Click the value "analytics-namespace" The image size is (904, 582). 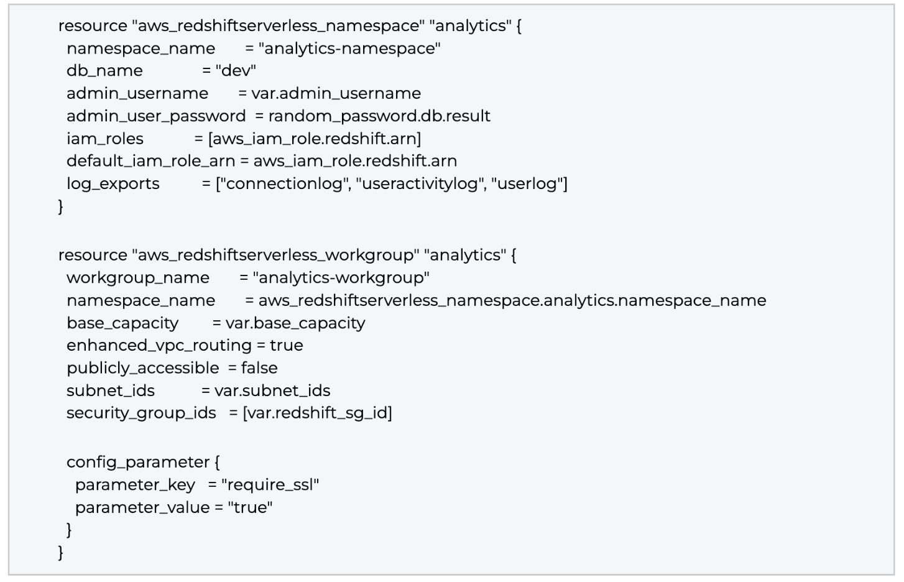click(x=349, y=48)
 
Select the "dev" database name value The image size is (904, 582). click(x=236, y=71)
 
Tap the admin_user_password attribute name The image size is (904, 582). click(x=156, y=116)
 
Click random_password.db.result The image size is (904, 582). click(x=379, y=116)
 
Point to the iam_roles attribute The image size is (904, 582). click(x=105, y=139)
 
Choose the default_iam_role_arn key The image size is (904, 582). click(x=151, y=161)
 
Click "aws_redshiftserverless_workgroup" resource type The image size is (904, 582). click(x=275, y=255)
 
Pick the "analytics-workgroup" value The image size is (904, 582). click(x=341, y=278)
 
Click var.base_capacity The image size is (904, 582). click(x=295, y=323)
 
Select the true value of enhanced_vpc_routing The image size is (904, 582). click(x=287, y=346)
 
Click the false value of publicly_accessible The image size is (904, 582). click(x=259, y=368)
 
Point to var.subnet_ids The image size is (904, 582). click(x=272, y=390)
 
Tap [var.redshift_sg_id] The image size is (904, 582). click(x=317, y=413)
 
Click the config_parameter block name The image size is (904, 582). click(x=138, y=462)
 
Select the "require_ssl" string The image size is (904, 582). click(x=270, y=485)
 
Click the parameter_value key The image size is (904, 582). click(x=142, y=507)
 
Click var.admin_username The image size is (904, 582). click(x=336, y=94)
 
